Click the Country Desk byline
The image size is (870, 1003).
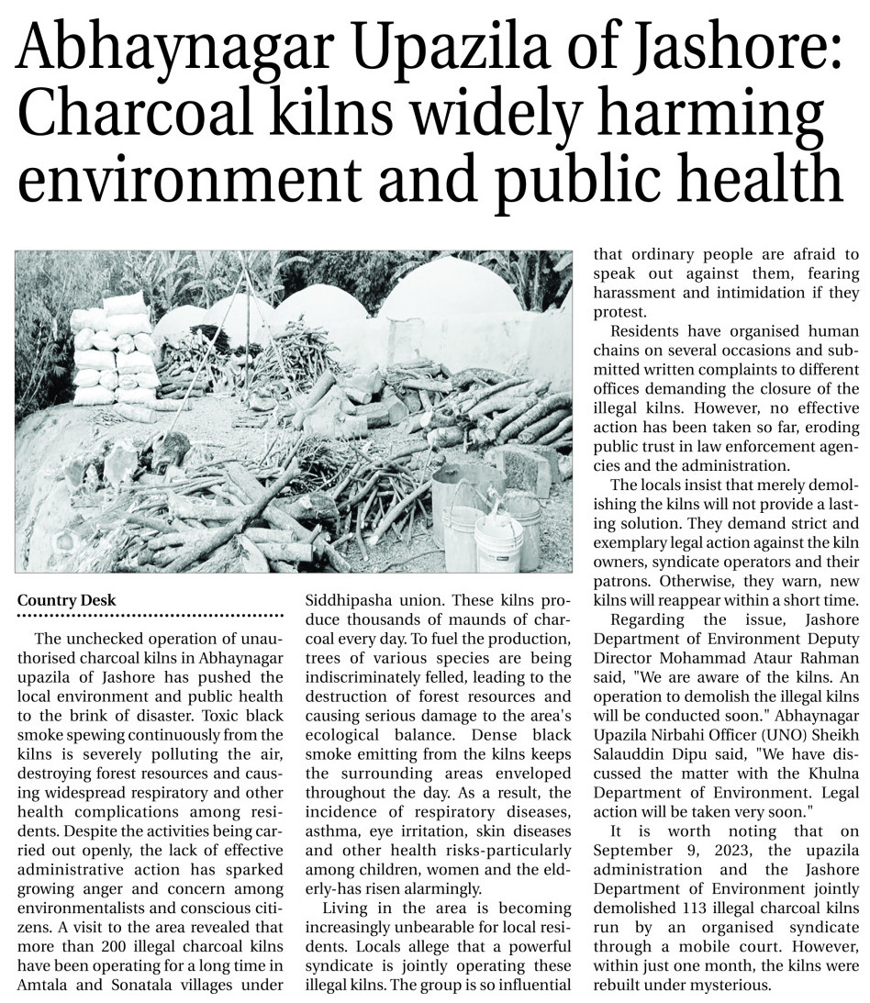point(67,600)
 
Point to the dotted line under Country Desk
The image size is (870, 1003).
point(151,615)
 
